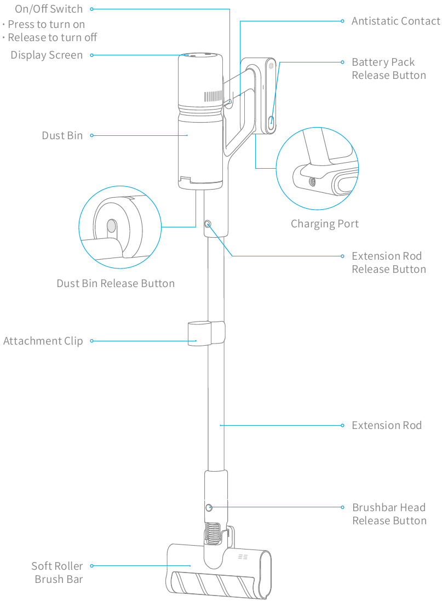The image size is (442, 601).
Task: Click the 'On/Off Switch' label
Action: (49, 9)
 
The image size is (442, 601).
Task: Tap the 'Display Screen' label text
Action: (47, 55)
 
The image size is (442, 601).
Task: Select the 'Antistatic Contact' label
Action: (395, 21)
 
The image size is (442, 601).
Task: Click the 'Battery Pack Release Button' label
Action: (388, 69)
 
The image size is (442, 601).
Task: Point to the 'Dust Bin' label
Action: (62, 135)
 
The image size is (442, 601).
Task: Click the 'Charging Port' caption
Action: (325, 224)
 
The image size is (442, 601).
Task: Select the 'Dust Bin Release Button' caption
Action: (116, 284)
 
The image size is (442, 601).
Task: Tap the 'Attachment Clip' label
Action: (43, 341)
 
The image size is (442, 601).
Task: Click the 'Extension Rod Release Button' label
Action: (388, 263)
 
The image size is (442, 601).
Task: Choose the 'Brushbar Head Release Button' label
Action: (389, 514)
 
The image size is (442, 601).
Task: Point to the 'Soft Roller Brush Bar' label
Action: (58, 573)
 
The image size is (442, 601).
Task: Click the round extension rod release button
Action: (208, 224)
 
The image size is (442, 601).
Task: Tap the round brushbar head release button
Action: (209, 508)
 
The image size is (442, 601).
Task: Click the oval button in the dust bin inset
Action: (112, 226)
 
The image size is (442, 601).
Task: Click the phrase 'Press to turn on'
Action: (47, 25)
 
